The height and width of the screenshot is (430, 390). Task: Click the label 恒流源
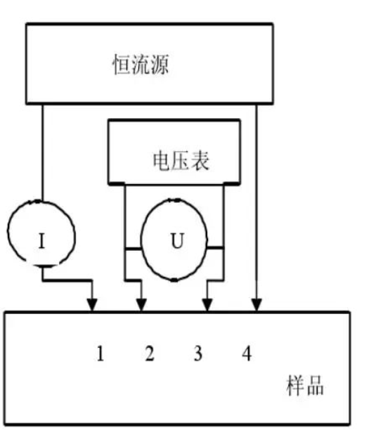[141, 65]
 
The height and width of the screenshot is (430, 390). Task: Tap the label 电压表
[181, 161]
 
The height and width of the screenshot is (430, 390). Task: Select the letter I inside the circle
[41, 241]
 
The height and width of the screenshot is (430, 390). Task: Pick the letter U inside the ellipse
[177, 240]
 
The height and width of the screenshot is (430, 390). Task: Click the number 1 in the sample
[100, 353]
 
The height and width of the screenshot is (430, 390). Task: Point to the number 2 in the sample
[150, 353]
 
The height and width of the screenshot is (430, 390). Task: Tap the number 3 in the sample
[198, 353]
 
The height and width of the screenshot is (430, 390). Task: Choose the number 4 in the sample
[247, 353]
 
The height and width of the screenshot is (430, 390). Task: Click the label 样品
[305, 385]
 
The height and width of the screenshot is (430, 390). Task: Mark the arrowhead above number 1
[92, 305]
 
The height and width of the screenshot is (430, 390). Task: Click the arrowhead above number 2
[141, 305]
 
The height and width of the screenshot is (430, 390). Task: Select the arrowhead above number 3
[207, 305]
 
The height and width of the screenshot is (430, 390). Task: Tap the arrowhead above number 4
[256, 305]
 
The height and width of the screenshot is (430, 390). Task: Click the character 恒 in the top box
[122, 65]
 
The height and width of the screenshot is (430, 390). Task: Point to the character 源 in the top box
[160, 65]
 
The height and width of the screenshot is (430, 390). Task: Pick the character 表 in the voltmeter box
[200, 161]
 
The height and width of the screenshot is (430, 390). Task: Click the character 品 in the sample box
[315, 386]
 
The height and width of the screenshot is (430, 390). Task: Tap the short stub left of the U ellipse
[133, 249]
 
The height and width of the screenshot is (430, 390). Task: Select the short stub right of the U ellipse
[215, 248]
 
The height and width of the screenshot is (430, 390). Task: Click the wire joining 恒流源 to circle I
[42, 152]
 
